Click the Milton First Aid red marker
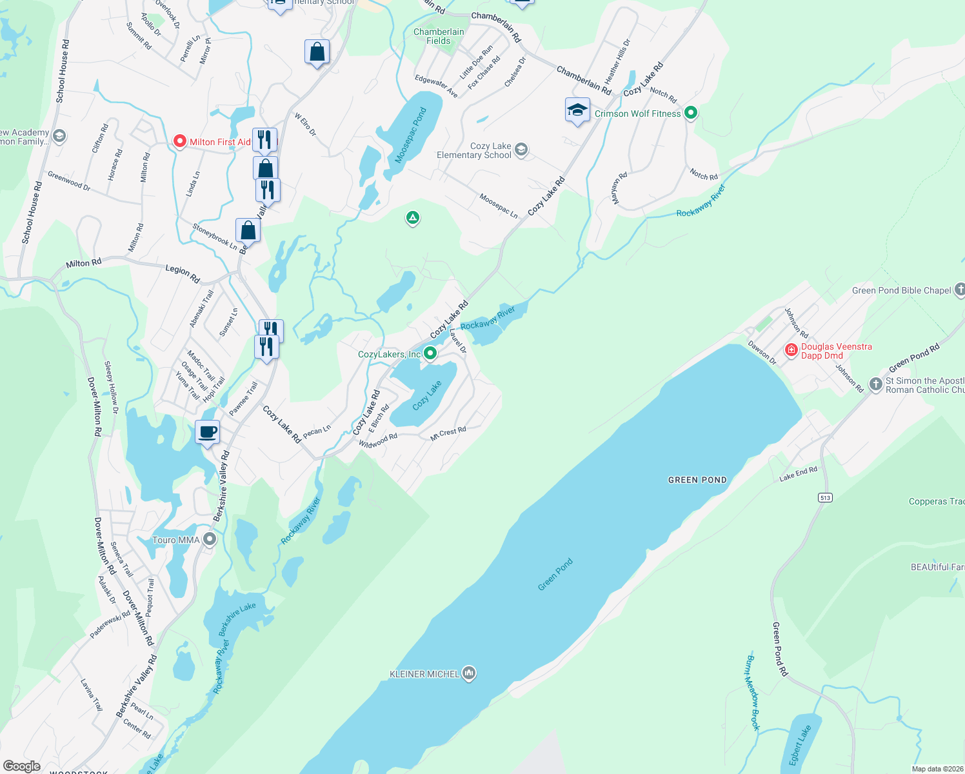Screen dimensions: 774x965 [180, 141]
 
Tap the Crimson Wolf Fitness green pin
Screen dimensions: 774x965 [691, 113]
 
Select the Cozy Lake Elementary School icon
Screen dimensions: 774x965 [521, 150]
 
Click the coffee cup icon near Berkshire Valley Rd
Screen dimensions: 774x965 [208, 432]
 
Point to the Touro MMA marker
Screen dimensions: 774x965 [209, 539]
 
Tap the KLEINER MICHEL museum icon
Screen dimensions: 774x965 [469, 673]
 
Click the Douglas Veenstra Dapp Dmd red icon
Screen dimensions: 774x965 [791, 350]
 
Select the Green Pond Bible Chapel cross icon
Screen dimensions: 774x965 [959, 290]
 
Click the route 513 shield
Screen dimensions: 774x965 [825, 497]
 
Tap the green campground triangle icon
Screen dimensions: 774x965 [412, 218]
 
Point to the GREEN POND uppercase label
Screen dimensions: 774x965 [697, 480]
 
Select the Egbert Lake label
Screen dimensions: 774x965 [800, 746]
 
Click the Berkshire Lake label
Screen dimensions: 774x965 [237, 619]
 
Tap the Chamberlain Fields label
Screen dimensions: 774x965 [439, 36]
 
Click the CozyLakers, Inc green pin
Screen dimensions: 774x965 [430, 353]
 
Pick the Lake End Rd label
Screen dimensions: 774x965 [798, 474]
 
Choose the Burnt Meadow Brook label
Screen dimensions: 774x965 [753, 693]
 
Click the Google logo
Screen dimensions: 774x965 [21, 766]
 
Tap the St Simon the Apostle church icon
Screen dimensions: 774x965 [875, 384]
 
